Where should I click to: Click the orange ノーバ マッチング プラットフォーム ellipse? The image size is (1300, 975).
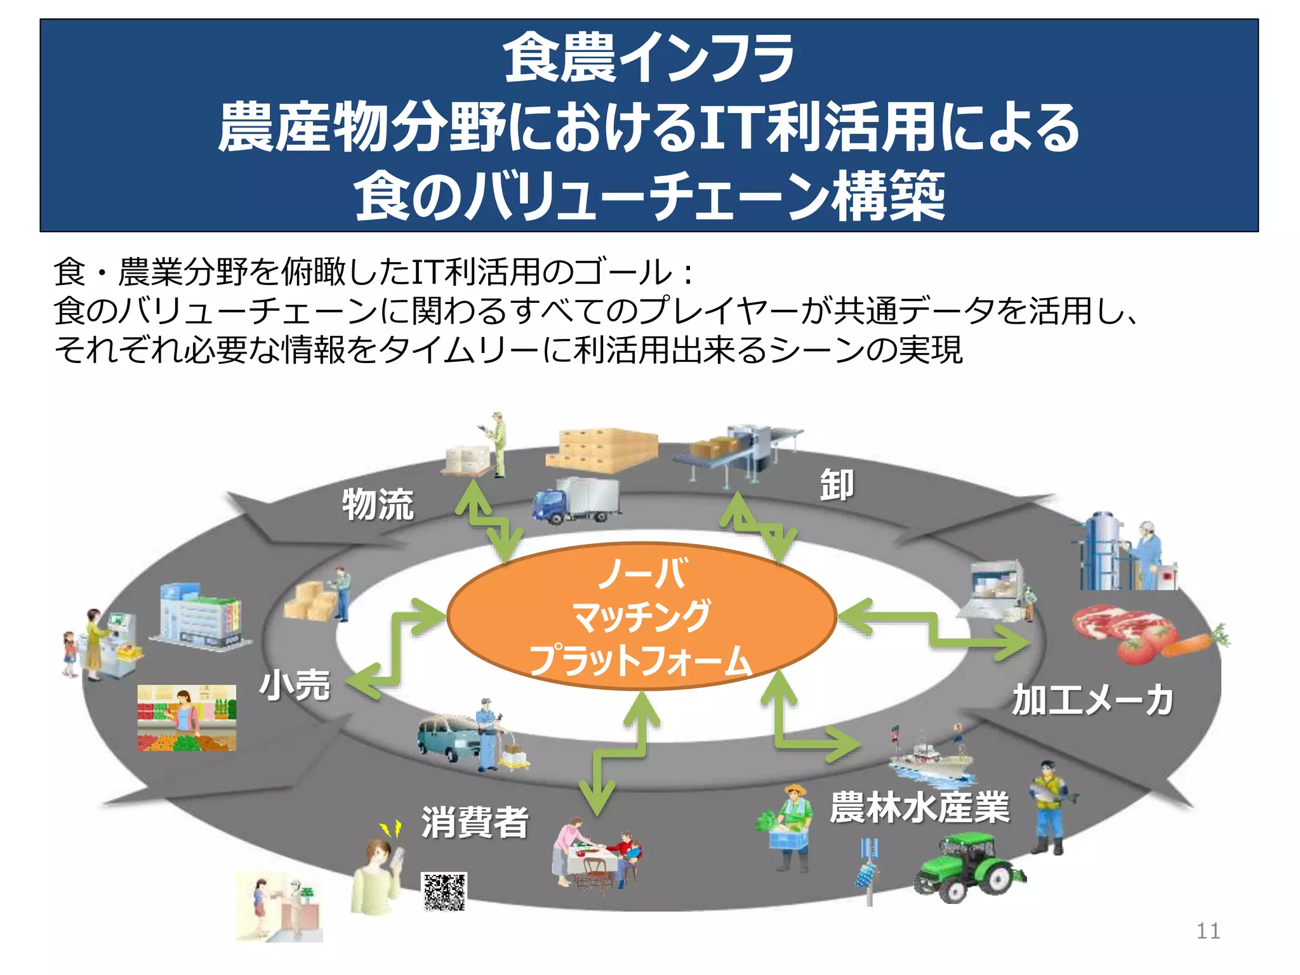(x=641, y=616)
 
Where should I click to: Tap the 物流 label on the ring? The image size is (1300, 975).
(x=378, y=505)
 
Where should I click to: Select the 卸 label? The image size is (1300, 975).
(x=837, y=486)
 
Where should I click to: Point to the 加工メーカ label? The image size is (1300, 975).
(x=1092, y=700)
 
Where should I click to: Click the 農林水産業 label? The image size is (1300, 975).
(x=919, y=807)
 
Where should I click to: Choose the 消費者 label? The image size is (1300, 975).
(x=475, y=822)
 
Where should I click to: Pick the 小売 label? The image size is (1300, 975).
(x=295, y=686)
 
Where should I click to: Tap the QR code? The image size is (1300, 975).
(x=444, y=891)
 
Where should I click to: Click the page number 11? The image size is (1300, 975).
(x=1208, y=931)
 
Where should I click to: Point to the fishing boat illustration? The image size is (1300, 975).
(x=930, y=759)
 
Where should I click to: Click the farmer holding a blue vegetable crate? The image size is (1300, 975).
(x=787, y=828)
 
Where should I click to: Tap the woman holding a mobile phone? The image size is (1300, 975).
(x=378, y=876)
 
